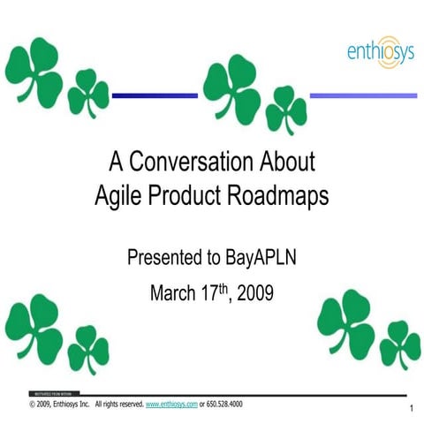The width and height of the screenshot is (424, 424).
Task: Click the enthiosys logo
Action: point(379,54)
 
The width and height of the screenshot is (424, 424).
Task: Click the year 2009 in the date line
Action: point(255,292)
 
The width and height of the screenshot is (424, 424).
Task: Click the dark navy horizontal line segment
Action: point(155,95)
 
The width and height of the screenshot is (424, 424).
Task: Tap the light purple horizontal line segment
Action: point(363,95)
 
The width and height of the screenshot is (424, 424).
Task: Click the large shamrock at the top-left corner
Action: point(35,72)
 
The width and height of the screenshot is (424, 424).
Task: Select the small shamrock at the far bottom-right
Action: point(400,344)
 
